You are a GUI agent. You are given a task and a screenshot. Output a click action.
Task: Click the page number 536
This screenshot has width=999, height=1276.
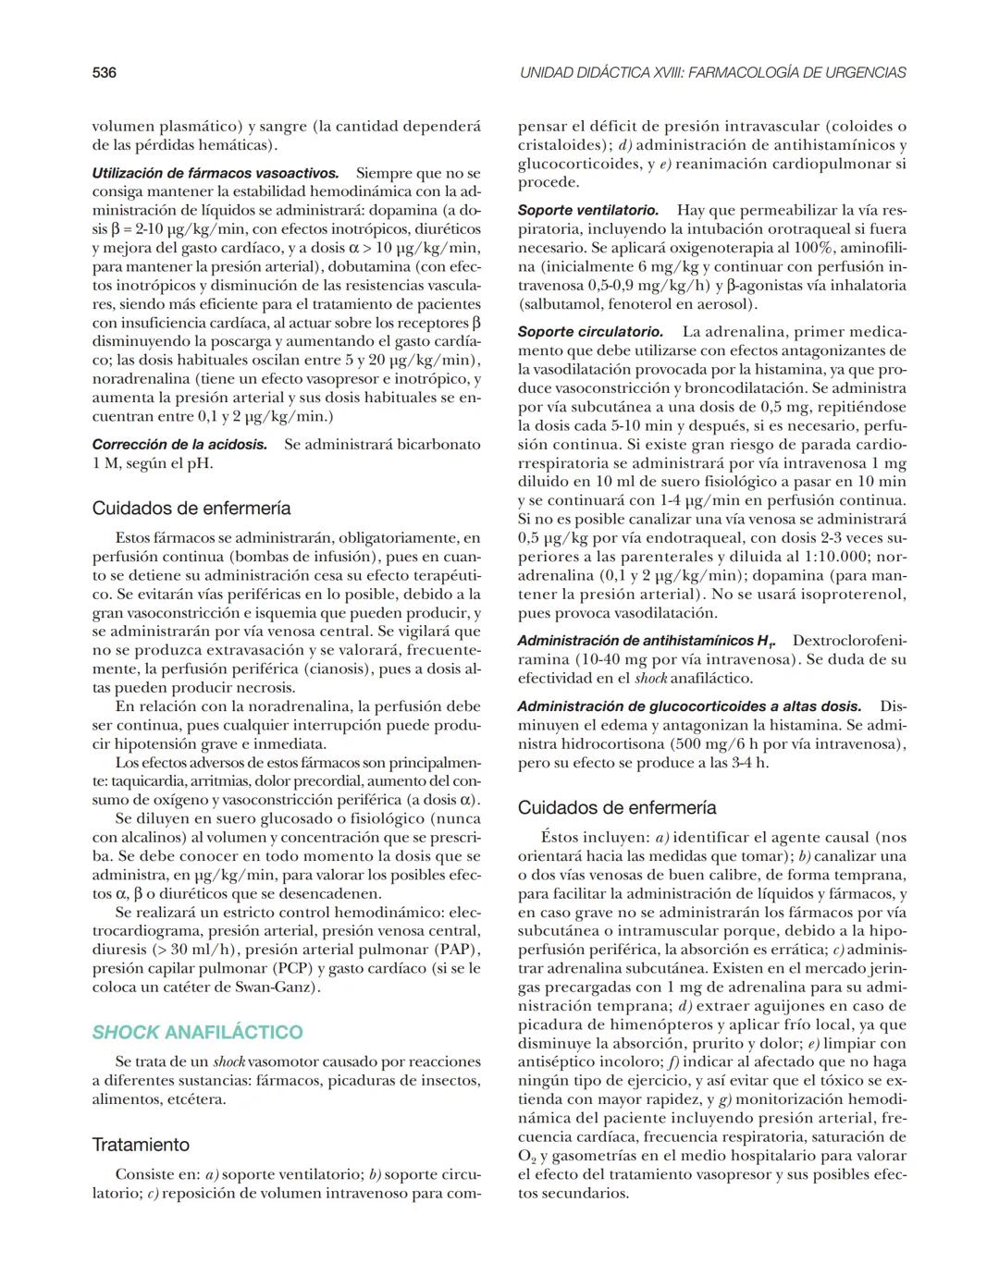pos(104,72)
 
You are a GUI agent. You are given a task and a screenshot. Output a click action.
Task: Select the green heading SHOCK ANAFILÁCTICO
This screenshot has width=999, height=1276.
pos(197,1032)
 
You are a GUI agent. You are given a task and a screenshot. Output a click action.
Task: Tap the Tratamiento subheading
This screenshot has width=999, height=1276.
pos(141,1145)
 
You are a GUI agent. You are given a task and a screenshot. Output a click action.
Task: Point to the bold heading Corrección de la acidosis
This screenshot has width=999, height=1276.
pos(179,445)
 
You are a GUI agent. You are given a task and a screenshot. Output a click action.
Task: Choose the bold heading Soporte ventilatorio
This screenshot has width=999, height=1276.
pos(587,211)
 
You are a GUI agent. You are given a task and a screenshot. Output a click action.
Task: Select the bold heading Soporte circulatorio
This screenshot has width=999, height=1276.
pos(589,332)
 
